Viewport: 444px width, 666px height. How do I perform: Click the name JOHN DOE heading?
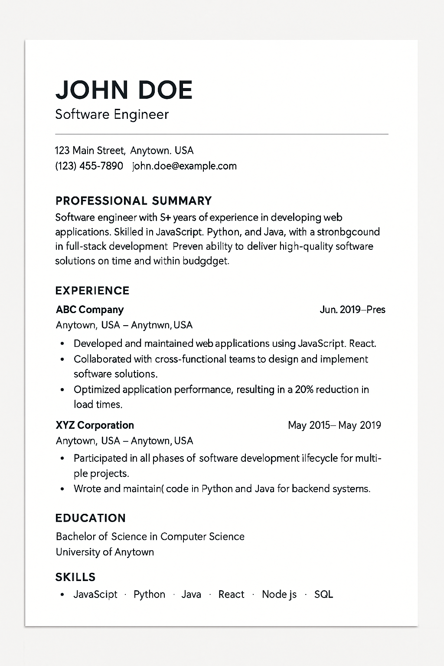coord(124,90)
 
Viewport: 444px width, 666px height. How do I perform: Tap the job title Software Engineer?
coord(112,114)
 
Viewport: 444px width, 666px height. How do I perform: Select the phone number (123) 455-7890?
coord(89,166)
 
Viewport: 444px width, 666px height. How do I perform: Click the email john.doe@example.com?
coord(184,166)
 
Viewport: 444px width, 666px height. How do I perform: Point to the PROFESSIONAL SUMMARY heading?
coord(134,201)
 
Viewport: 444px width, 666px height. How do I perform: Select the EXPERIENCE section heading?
coord(92,291)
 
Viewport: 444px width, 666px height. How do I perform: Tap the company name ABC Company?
coord(90,310)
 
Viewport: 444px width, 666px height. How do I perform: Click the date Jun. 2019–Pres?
coord(352,310)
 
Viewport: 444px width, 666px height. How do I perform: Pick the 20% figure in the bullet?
coord(304,389)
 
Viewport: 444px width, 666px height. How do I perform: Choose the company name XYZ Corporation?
coord(95,425)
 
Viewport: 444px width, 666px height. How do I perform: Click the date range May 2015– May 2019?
coord(334,425)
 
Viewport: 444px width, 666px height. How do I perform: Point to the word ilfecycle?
coord(320,458)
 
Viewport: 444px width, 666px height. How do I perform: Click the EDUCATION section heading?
coord(91,518)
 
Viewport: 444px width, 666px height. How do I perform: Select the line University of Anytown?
coord(105,552)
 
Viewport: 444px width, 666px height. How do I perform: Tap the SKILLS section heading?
coord(75,577)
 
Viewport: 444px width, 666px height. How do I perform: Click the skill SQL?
coord(323,594)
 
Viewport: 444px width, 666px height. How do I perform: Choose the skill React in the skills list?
coord(231,594)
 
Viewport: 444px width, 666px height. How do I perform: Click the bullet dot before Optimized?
coord(62,390)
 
